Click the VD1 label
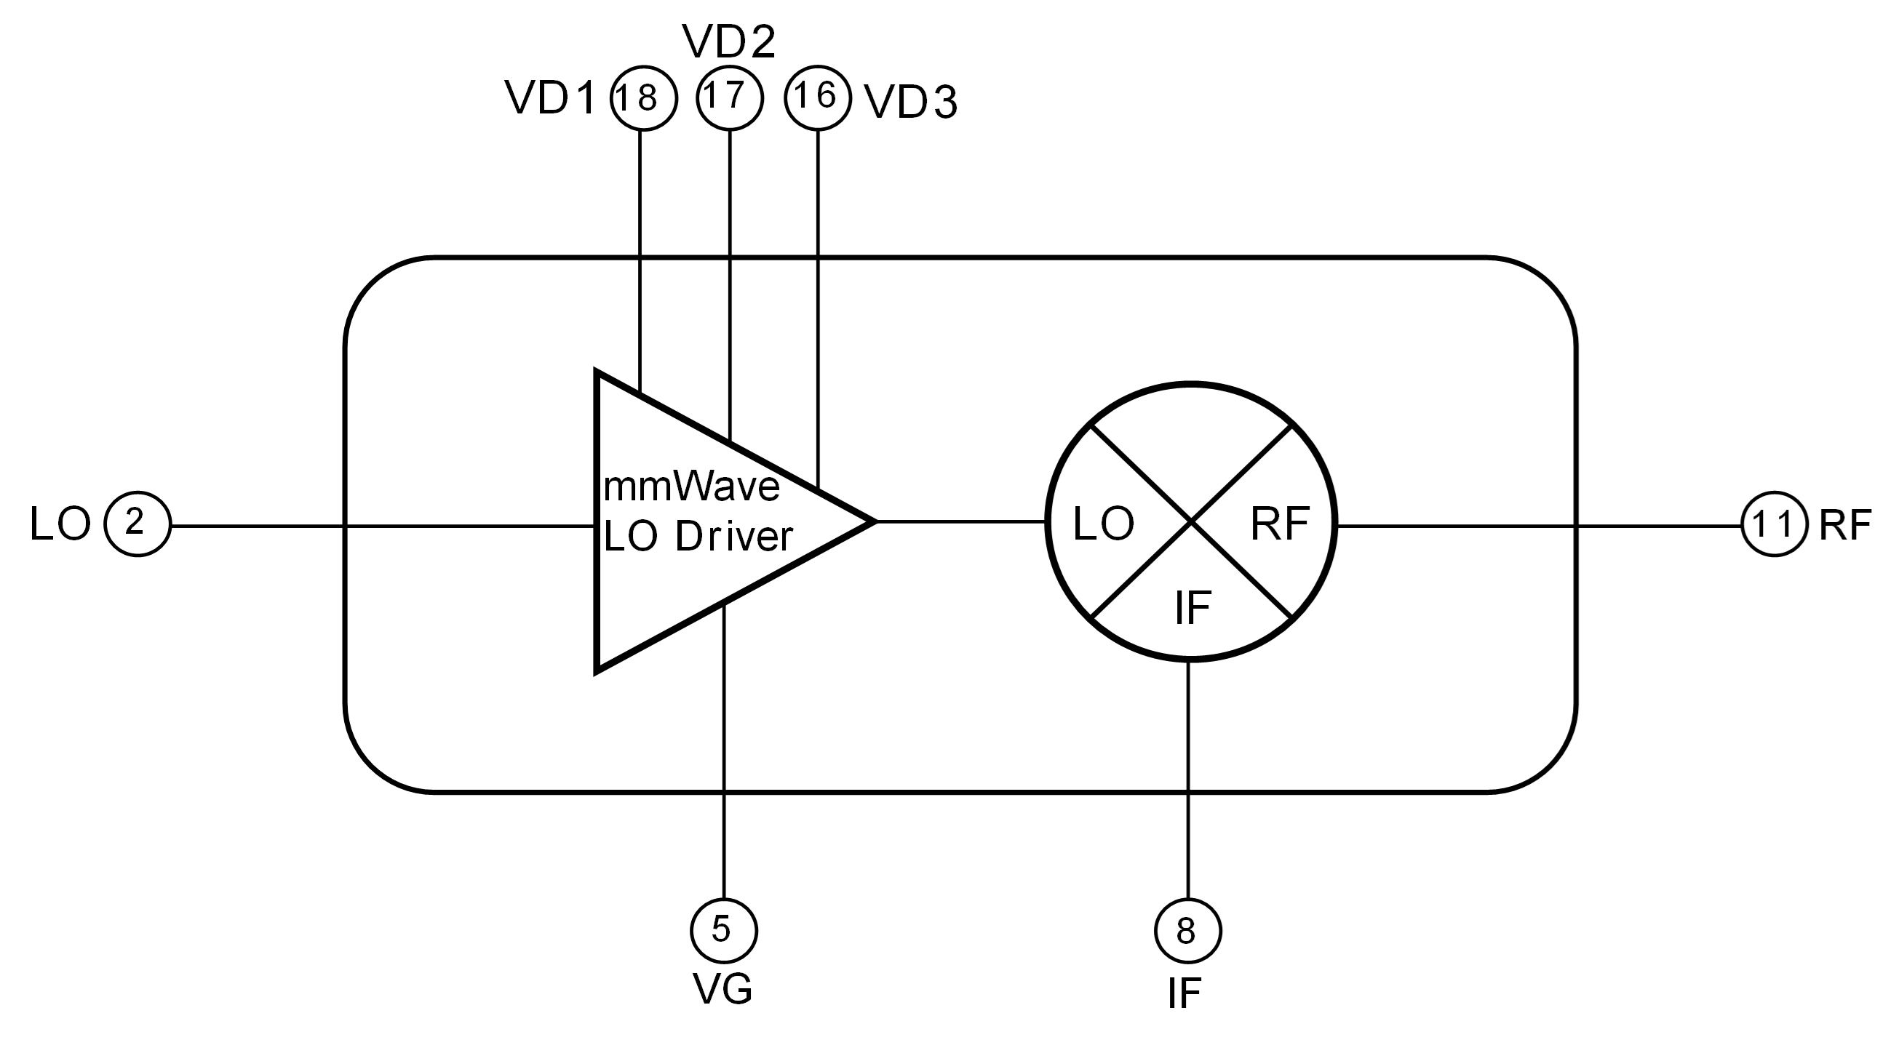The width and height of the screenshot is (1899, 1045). (x=550, y=98)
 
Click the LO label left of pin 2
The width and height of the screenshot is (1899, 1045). (x=60, y=524)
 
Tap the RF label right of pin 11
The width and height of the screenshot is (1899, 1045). (x=1845, y=526)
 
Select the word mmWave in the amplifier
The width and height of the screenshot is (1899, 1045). (x=691, y=487)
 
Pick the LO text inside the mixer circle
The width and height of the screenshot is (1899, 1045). (x=1103, y=524)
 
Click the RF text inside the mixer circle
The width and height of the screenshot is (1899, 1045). (x=1280, y=524)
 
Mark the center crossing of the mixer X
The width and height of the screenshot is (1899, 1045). (x=1191, y=521)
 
